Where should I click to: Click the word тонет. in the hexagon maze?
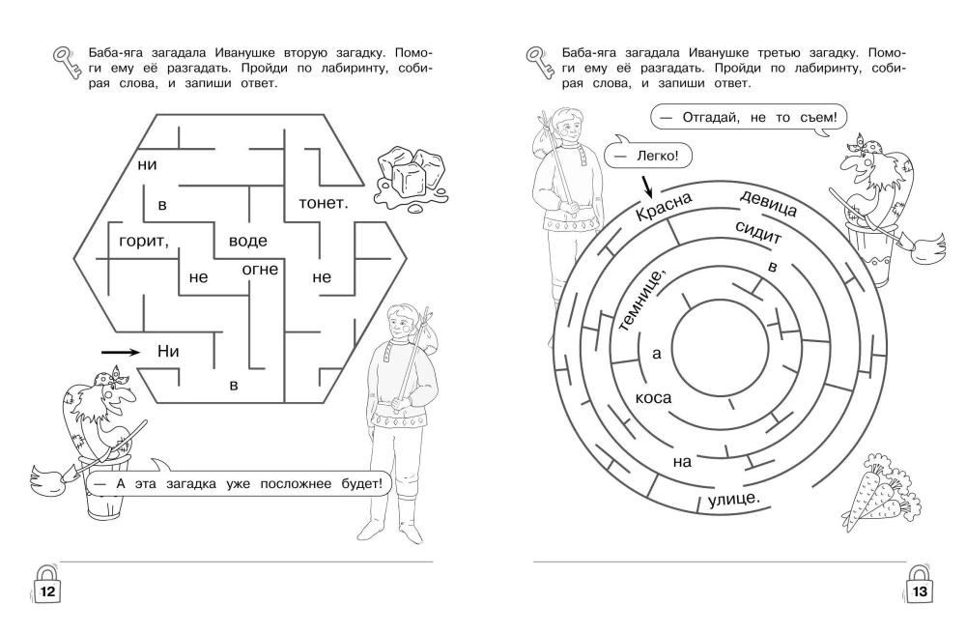(x=324, y=203)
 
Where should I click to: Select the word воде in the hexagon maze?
(x=248, y=240)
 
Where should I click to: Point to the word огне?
(x=260, y=268)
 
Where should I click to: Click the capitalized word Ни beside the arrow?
(x=169, y=351)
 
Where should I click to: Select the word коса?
(x=653, y=397)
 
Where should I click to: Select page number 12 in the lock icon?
(x=46, y=586)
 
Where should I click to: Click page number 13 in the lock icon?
(x=921, y=586)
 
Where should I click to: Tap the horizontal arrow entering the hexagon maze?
(x=120, y=352)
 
